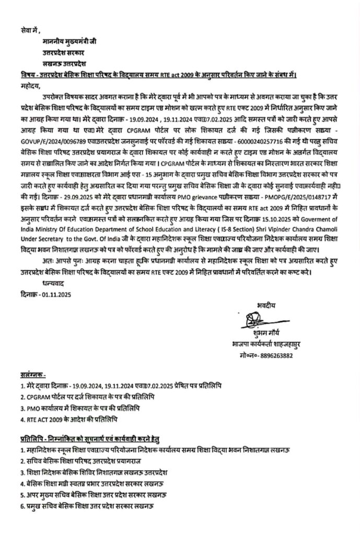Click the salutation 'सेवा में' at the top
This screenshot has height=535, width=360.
pyautogui.click(x=27, y=31)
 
